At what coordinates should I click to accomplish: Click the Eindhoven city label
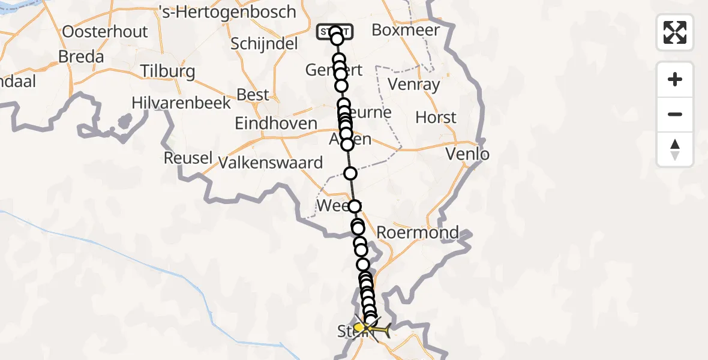(x=276, y=124)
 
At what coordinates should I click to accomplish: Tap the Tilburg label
(x=167, y=72)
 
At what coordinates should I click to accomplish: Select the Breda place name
(x=81, y=57)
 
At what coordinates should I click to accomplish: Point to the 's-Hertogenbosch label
(x=227, y=12)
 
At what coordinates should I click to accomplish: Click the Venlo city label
(x=467, y=154)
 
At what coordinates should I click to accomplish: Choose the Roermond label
(x=418, y=232)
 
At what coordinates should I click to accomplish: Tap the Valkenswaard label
(x=271, y=163)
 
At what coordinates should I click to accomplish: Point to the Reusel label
(x=188, y=158)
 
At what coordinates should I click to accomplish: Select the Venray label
(x=414, y=84)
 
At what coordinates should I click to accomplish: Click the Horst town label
(x=436, y=118)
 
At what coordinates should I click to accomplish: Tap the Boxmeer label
(x=406, y=30)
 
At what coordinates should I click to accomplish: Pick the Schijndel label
(x=264, y=43)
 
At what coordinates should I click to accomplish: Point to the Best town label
(x=253, y=95)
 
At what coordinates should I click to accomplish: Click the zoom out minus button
(x=675, y=115)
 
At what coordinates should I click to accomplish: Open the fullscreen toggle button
(x=675, y=32)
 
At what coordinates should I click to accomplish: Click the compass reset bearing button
(x=675, y=149)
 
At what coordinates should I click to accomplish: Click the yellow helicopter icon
(x=373, y=328)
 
